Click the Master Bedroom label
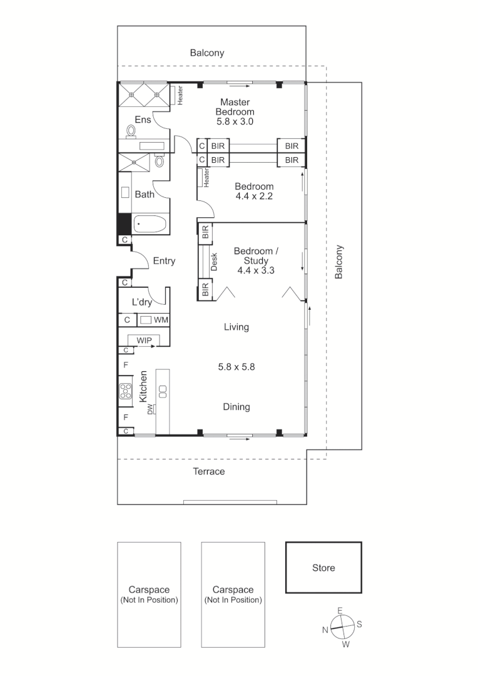pyautogui.click(x=235, y=107)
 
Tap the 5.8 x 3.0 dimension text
pyautogui.click(x=235, y=122)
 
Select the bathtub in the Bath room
pyautogui.click(x=150, y=224)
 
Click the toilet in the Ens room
pyautogui.click(x=131, y=131)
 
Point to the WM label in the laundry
pyautogui.click(x=161, y=320)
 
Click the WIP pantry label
pyautogui.click(x=144, y=341)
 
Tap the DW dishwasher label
pyautogui.click(x=150, y=410)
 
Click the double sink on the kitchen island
pyautogui.click(x=163, y=392)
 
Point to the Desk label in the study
pyautogui.click(x=214, y=261)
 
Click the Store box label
pyautogui.click(x=323, y=568)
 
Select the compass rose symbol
pyautogui.click(x=342, y=625)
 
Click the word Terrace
pyautogui.click(x=208, y=471)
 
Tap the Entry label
pyautogui.click(x=164, y=261)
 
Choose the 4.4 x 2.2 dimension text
pyautogui.click(x=253, y=196)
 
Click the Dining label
pyautogui.click(x=236, y=407)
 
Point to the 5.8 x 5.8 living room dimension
pyautogui.click(x=236, y=367)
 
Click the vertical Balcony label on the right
pyautogui.click(x=340, y=261)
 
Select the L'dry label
pyautogui.click(x=142, y=302)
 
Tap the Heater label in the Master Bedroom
pyautogui.click(x=180, y=95)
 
